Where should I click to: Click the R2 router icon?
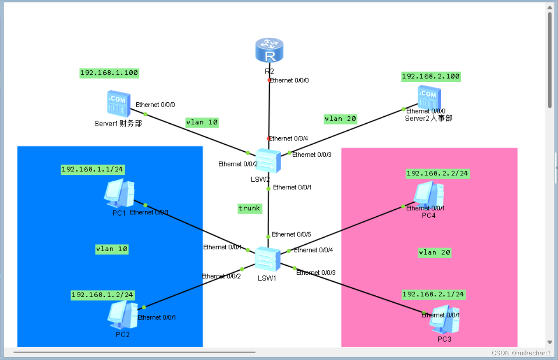269,51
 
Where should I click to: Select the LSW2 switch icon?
269,161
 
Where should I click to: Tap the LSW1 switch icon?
268,259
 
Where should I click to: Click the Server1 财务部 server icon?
117,103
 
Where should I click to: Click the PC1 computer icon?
119,193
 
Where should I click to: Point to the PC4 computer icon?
429,194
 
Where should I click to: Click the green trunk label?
249,208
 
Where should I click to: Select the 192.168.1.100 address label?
109,73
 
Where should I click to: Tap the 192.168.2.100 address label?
430,76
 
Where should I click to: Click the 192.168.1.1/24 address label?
93,169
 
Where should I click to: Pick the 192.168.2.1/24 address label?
433,294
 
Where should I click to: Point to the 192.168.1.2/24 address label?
102,295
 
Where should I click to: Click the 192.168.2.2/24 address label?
437,173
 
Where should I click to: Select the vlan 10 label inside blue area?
112,249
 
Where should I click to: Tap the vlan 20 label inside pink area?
435,253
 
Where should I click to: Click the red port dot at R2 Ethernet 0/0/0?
269,80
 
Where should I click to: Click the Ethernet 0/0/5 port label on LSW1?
291,234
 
